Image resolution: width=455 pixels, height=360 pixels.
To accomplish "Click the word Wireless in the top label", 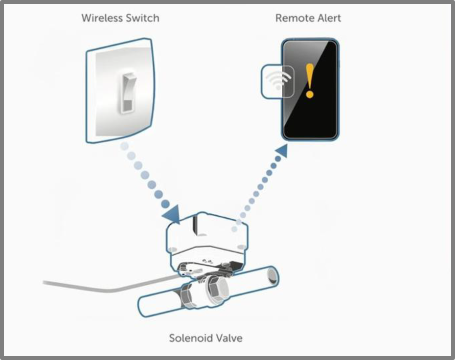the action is [102, 18].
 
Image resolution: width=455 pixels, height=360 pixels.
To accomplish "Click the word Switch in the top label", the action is [142, 18].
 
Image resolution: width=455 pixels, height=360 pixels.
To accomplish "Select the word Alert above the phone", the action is [328, 18].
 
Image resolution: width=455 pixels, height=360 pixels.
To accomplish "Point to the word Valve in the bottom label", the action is [228, 338].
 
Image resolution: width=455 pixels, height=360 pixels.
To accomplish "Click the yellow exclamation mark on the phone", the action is [310, 81].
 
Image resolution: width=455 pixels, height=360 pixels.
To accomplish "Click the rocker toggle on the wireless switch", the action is [128, 93].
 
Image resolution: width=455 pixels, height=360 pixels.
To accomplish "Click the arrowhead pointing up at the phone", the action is [282, 151].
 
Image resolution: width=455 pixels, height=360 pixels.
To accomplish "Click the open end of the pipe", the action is [272, 276].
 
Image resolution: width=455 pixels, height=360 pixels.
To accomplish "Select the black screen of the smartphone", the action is [310, 90].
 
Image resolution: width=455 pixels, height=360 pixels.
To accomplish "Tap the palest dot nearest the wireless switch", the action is [124, 146].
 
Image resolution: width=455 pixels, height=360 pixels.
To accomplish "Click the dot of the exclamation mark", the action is [310, 94].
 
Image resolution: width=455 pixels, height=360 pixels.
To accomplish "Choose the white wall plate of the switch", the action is [120, 91].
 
